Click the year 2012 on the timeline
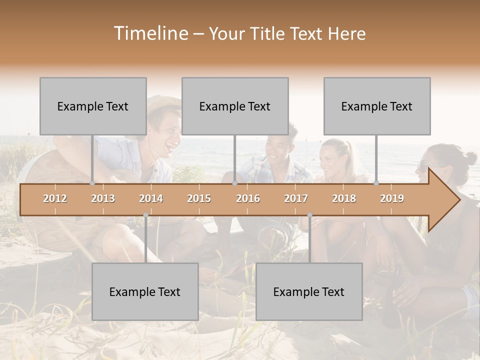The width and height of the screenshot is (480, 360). tap(55, 198)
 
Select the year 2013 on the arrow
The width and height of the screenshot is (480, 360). tap(103, 198)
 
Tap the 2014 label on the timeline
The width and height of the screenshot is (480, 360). tap(151, 198)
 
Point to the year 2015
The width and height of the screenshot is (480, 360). tap(199, 198)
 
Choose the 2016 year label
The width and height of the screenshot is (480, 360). tap(248, 198)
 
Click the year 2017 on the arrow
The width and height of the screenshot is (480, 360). tap(296, 198)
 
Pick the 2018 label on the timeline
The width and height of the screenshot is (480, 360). tap(344, 198)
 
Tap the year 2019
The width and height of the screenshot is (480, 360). tap(392, 198)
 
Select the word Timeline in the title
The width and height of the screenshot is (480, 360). tap(149, 33)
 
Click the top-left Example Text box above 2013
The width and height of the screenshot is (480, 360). tap(93, 106)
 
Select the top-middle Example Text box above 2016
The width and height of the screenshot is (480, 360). tap(235, 106)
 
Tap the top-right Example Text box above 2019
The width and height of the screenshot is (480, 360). tap(377, 106)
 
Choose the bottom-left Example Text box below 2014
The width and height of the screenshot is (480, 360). tap(145, 291)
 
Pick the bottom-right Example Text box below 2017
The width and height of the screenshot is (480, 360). tap(309, 291)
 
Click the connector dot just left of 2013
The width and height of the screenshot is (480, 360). tap(92, 183)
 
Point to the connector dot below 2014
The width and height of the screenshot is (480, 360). tap(145, 215)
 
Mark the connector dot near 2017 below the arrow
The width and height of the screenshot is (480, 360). tap(309, 215)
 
